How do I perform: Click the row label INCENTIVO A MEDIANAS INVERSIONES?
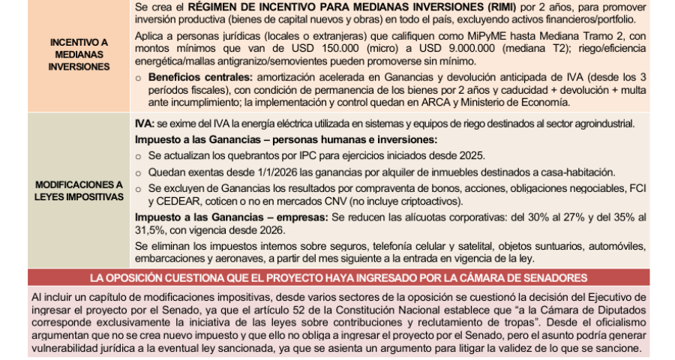(78, 55)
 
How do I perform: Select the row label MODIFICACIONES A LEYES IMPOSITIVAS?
(78, 190)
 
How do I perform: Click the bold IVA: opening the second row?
(144, 123)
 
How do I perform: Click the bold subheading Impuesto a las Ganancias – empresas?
(231, 217)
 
